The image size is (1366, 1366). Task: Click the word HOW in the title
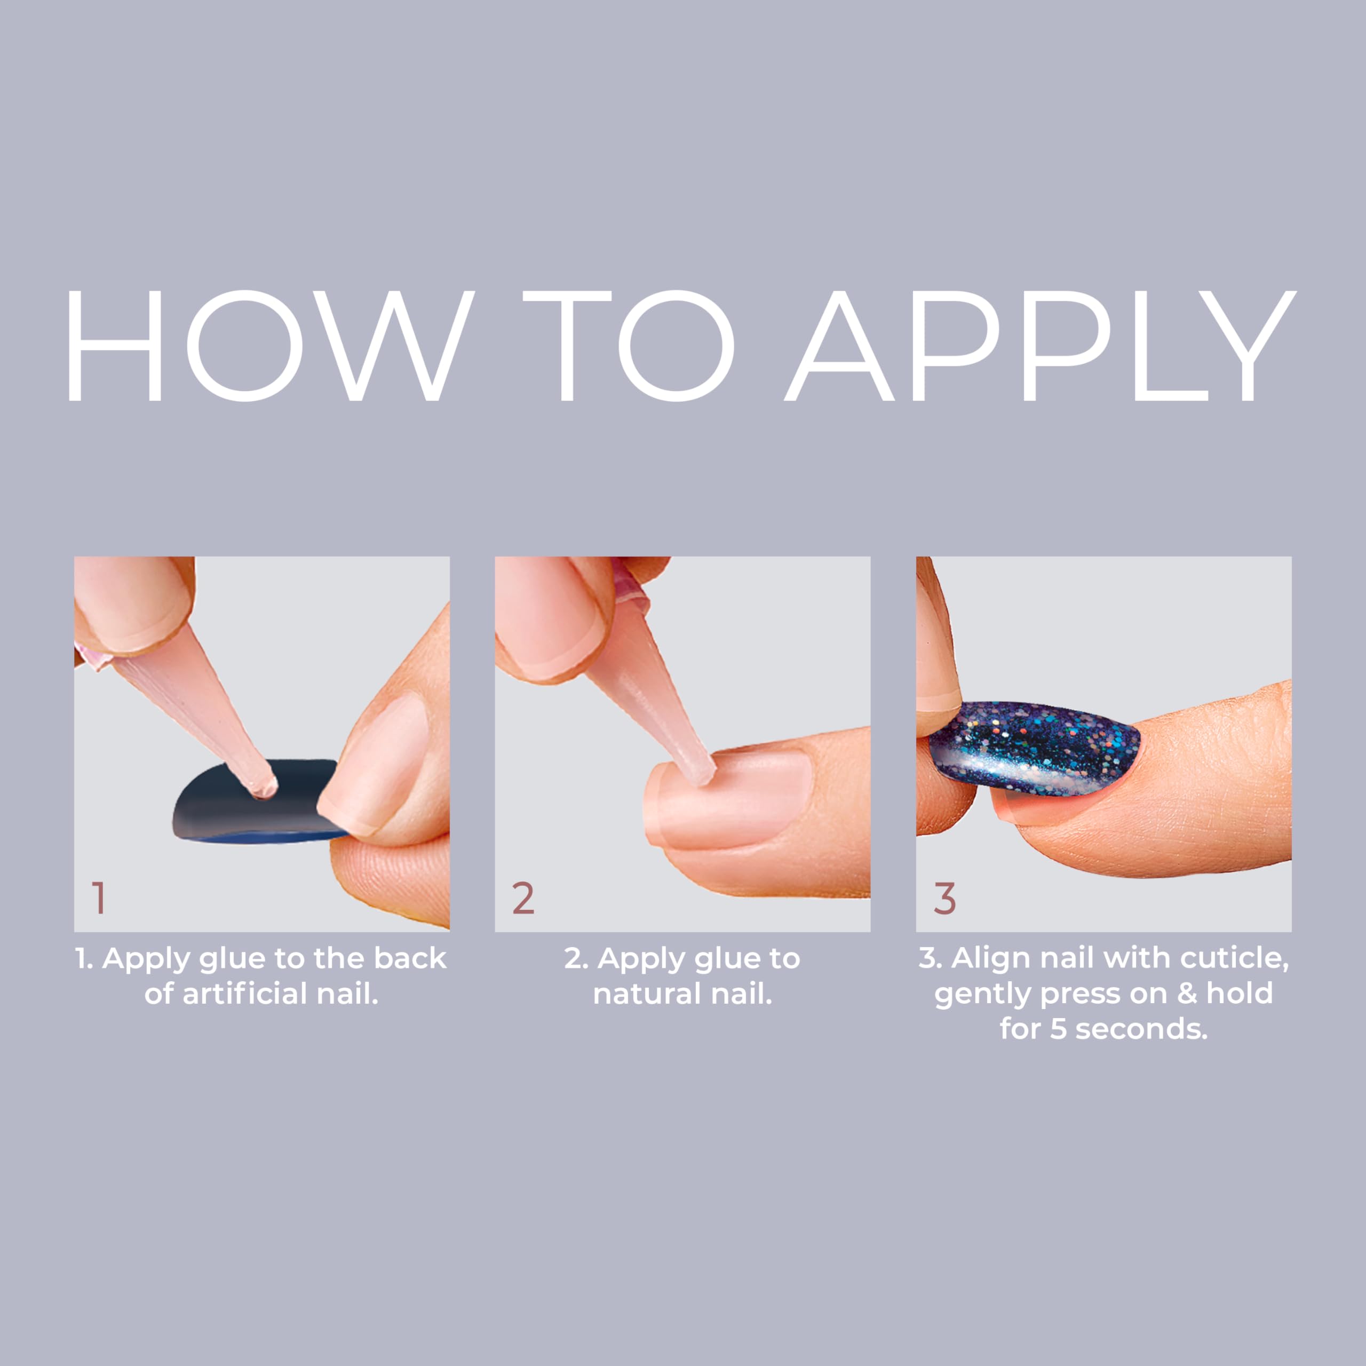tap(269, 346)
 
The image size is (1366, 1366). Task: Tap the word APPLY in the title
tap(1039, 346)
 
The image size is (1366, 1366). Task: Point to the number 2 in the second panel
tap(523, 898)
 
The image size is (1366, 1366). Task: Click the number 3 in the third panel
tap(944, 898)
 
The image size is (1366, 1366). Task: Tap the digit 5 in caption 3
tap(1057, 1029)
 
